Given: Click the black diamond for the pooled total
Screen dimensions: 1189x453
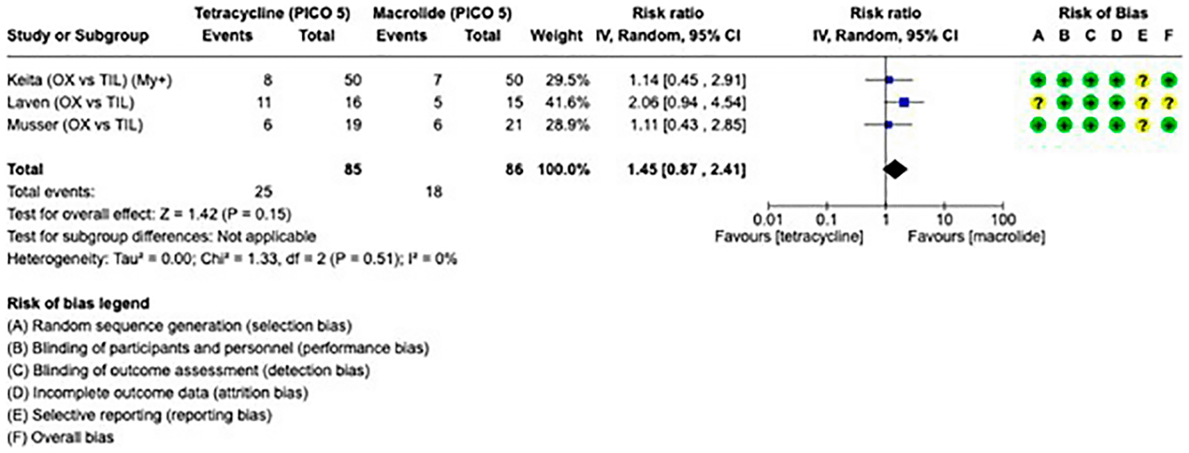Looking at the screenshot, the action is click(x=895, y=169).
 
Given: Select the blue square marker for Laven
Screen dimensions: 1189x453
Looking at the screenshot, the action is click(x=904, y=103).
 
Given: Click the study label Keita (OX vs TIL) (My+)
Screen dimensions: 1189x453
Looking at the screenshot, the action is click(x=89, y=80).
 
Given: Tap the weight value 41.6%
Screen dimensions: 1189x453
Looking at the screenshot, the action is click(x=567, y=103).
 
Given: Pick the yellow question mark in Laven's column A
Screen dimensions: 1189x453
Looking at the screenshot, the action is click(x=1038, y=103).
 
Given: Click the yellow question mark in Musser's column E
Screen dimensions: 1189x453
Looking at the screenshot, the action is click(x=1142, y=125).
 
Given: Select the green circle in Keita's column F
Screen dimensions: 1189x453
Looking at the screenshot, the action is click(x=1168, y=80).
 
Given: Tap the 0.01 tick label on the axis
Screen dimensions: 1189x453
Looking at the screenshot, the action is click(x=769, y=219).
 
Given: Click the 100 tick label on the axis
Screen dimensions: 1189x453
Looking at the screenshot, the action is click(x=1003, y=219).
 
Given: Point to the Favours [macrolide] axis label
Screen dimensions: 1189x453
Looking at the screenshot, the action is click(x=976, y=237).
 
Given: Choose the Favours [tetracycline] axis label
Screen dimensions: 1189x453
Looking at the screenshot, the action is click(x=789, y=237).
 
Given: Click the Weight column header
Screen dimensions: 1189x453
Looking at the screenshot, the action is click(x=556, y=35).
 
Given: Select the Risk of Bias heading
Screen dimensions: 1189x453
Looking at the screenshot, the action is click(x=1103, y=13).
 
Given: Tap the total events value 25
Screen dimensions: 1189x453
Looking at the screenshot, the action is click(x=263, y=191).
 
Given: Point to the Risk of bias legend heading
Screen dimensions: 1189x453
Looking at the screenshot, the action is click(x=78, y=303).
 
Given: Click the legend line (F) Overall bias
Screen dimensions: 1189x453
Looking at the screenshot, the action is click(x=60, y=438).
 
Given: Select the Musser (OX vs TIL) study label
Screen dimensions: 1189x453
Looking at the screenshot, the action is click(x=75, y=125).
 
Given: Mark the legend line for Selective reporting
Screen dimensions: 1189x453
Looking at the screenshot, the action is click(x=139, y=416).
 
